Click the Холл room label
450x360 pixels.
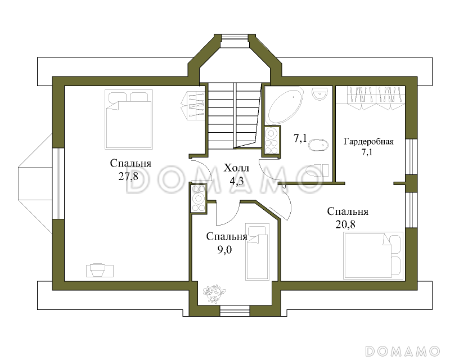[x=236, y=168]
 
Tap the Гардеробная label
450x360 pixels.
[x=369, y=142]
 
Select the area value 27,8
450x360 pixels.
[x=128, y=176]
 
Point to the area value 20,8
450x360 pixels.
[x=345, y=224]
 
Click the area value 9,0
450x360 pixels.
[x=224, y=250]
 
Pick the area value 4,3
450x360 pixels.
[x=236, y=181]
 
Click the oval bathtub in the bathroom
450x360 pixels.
[x=285, y=106]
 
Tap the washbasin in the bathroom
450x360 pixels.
[x=319, y=93]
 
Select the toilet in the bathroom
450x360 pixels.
[x=317, y=170]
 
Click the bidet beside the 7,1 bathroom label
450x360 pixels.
[x=318, y=145]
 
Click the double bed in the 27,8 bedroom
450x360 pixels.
[x=128, y=119]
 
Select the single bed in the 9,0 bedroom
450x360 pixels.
[x=258, y=253]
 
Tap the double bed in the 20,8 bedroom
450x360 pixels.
[x=373, y=255]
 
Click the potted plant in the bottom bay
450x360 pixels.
[x=214, y=294]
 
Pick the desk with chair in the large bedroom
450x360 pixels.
[x=100, y=270]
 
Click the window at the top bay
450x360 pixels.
[x=235, y=38]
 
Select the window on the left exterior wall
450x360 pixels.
[x=58, y=183]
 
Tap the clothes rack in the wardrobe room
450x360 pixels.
[x=375, y=98]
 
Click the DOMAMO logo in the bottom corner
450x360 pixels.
[x=402, y=351]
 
